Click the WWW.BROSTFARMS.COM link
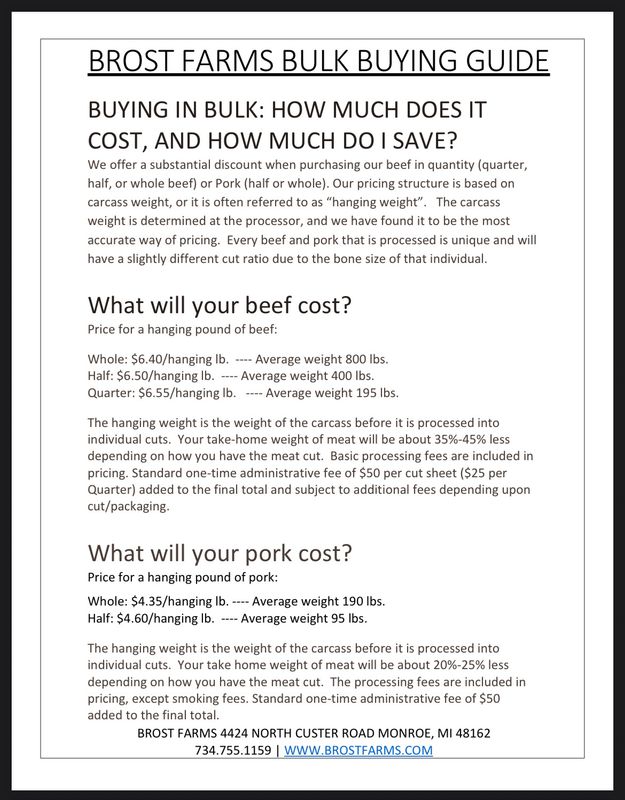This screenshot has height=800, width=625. (x=359, y=750)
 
